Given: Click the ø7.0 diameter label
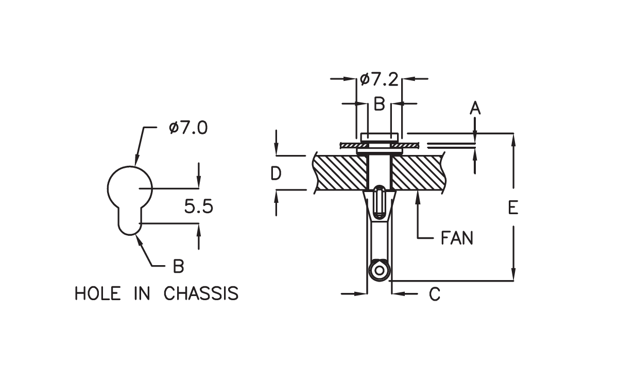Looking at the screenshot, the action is (188, 128).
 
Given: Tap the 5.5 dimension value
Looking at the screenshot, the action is (199, 206).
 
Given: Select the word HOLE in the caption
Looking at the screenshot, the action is (98, 293).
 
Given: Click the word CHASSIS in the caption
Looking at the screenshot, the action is (201, 293).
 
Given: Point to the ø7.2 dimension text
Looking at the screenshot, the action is (379, 79).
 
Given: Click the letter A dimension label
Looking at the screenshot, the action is (475, 108).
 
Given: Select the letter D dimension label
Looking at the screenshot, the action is (276, 173).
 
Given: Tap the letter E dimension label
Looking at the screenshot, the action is (513, 207).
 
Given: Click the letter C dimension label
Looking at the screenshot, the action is (435, 294).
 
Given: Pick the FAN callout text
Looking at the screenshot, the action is (457, 238).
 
